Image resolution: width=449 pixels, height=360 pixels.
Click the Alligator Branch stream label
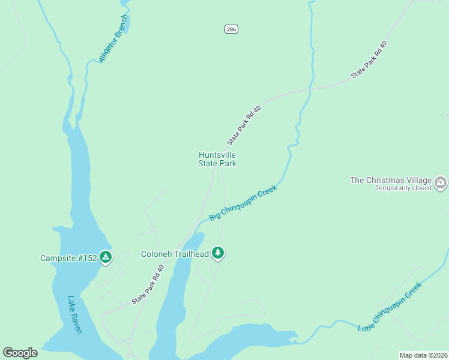(113, 39)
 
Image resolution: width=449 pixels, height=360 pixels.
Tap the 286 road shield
(231, 29)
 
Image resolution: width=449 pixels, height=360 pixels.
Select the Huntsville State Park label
(217, 159)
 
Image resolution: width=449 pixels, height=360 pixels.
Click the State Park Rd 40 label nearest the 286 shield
(368, 59)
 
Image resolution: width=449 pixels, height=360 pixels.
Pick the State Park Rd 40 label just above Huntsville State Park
(244, 125)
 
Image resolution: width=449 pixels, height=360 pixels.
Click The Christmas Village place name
(391, 180)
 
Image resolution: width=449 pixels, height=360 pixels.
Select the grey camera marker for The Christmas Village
(441, 181)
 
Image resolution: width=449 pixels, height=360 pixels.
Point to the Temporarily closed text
(403, 188)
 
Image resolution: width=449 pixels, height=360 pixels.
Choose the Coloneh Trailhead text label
(175, 254)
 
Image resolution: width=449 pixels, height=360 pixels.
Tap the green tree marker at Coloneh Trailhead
(218, 253)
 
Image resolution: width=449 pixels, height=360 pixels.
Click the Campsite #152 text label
(67, 259)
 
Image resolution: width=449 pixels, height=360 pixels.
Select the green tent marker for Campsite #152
(106, 257)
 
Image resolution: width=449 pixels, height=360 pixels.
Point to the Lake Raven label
(75, 315)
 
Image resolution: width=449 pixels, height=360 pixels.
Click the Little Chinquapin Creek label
(390, 307)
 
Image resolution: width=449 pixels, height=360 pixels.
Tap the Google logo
(20, 353)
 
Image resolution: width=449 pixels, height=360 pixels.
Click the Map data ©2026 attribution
(423, 355)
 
